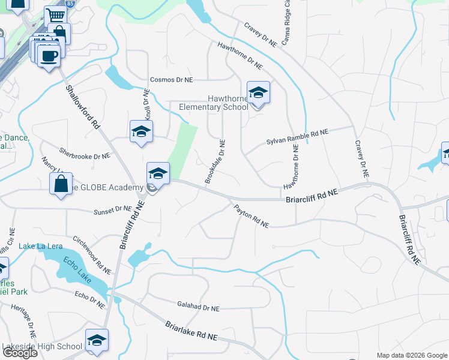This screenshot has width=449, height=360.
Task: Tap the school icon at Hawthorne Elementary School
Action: (x=258, y=93)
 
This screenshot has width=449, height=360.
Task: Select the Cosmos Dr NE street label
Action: (x=172, y=80)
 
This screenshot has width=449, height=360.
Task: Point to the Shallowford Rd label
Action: (x=82, y=109)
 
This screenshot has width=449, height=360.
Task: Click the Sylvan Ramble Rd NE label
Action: (x=298, y=137)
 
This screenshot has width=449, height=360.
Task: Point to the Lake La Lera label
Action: (x=40, y=246)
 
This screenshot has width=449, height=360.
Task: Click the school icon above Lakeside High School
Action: (x=97, y=340)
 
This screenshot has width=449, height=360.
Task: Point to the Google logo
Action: (x=19, y=353)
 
